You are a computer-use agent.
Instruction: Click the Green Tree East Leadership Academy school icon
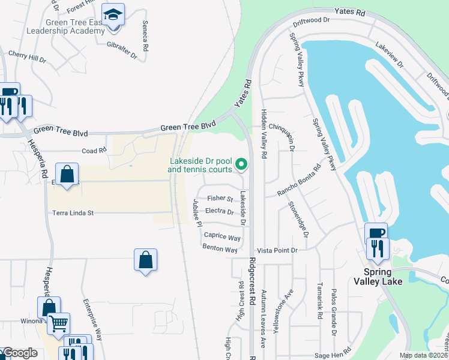click(x=112, y=16)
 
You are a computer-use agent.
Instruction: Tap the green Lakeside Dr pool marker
click(x=241, y=163)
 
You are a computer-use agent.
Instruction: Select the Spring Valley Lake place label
click(x=377, y=275)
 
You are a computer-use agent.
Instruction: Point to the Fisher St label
click(x=220, y=198)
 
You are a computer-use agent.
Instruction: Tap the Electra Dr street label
click(x=219, y=211)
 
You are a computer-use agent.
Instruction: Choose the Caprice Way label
click(x=222, y=236)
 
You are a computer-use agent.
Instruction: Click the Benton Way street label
click(x=220, y=248)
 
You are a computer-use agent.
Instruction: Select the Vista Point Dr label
click(x=277, y=250)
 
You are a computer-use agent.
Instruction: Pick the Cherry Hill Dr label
click(x=28, y=57)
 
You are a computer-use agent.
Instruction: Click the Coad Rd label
click(x=94, y=151)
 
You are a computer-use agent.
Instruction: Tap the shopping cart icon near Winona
click(x=58, y=323)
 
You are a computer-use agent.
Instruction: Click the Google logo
click(x=20, y=353)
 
